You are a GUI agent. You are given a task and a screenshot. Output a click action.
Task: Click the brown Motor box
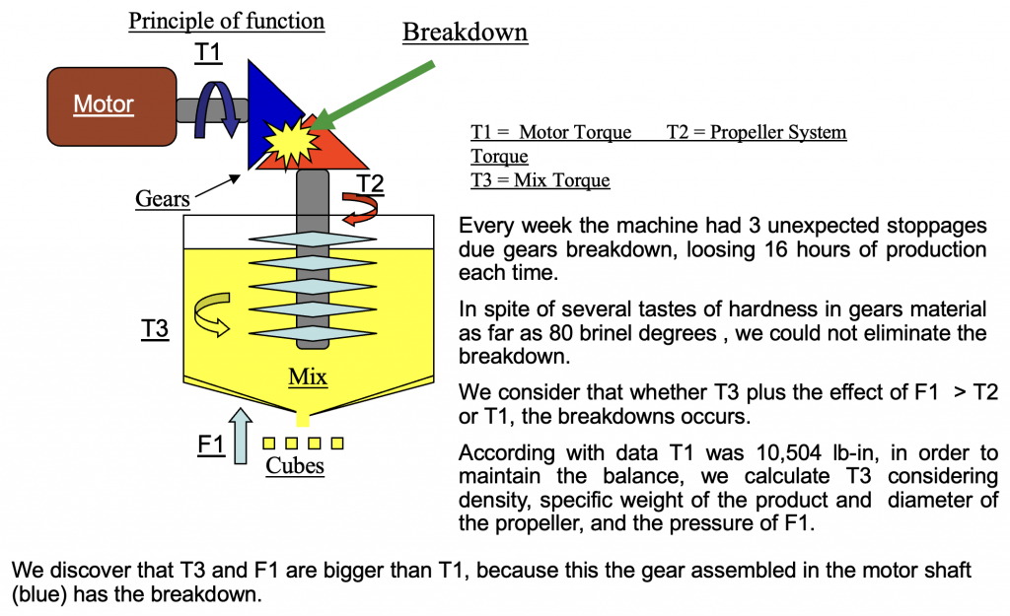(105, 103)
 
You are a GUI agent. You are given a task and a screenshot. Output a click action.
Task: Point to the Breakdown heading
(465, 32)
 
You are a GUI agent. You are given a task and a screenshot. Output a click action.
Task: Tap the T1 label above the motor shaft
(208, 53)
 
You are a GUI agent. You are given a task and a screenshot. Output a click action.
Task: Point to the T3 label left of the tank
(155, 328)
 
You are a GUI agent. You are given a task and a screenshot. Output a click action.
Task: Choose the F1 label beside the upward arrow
(210, 445)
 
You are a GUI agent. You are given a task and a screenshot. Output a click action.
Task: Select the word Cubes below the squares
(295, 464)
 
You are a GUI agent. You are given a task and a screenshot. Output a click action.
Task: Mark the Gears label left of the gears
(163, 198)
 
